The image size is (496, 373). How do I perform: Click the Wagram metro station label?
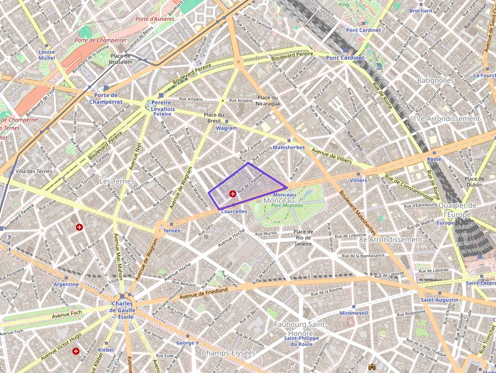pyautogui.click(x=226, y=129)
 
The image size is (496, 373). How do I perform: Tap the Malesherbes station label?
pyautogui.click(x=288, y=147)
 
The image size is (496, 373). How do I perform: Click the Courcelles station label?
pyautogui.click(x=234, y=212)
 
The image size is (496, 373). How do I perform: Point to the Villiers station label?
pyautogui.click(x=358, y=180)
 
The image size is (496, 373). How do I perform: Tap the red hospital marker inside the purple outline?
pyautogui.click(x=233, y=193)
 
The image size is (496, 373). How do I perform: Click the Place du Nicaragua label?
pyautogui.click(x=269, y=100)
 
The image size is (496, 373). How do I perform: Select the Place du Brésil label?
pyautogui.click(x=214, y=118)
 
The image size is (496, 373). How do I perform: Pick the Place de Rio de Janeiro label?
pyautogui.click(x=304, y=237)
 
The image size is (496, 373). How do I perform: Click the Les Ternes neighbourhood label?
pyautogui.click(x=117, y=181)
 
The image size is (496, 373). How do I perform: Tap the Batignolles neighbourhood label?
pyautogui.click(x=435, y=80)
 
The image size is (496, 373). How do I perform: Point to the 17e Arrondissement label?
pyautogui.click(x=446, y=118)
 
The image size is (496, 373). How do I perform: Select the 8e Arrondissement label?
pyautogui.click(x=390, y=239)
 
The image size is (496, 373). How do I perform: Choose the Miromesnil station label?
pyautogui.click(x=353, y=313)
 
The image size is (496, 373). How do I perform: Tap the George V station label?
pyautogui.click(x=187, y=343)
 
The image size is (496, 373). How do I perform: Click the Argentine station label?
pyautogui.click(x=66, y=284)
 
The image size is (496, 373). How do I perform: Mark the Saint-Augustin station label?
pyautogui.click(x=439, y=300)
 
